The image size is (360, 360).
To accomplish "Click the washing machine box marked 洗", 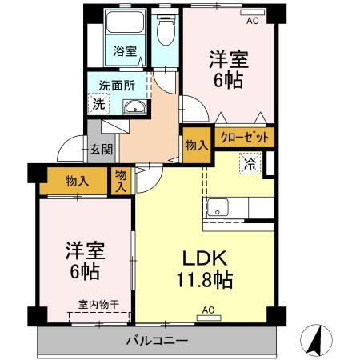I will coord(98,102).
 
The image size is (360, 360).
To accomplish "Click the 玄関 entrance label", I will coord(101,149).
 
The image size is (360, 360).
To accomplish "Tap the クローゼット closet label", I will coord(244,138).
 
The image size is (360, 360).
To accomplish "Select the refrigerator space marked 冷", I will coord(250,166).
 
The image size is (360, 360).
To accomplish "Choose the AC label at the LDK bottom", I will coord(208,310).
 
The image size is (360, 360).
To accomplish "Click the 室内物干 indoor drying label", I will coord(98,304).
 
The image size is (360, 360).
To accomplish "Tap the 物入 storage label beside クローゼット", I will coord(197,145).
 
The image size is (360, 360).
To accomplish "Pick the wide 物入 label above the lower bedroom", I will coord(77,182).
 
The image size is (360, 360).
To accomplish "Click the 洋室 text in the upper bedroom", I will coord(226,58).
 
